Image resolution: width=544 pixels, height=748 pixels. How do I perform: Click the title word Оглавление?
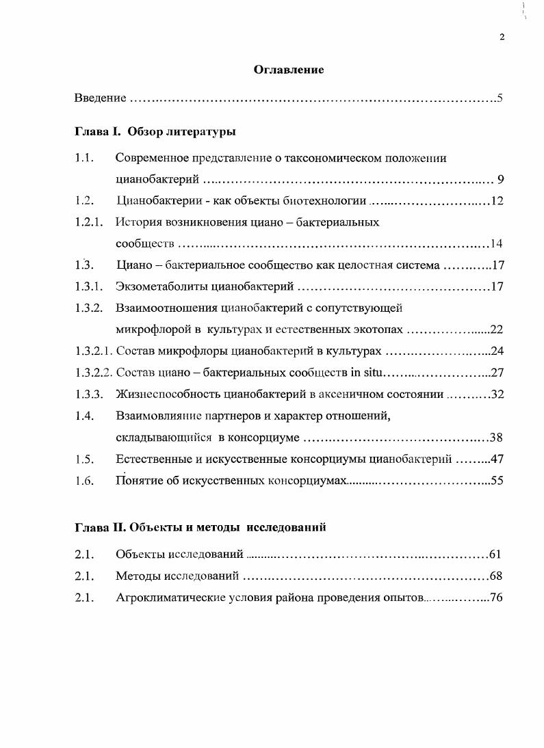click(289, 70)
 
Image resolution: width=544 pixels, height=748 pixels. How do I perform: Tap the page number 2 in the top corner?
click(502, 38)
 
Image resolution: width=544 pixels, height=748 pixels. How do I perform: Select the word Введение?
click(100, 98)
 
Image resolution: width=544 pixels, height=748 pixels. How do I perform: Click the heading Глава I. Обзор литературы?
click(155, 131)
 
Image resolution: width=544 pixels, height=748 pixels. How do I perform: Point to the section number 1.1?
click(84, 159)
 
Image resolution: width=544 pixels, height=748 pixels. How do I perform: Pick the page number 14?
click(497, 244)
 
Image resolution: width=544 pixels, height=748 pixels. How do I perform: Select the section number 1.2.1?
click(89, 222)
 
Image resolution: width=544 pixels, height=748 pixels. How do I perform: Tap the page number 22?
click(497, 330)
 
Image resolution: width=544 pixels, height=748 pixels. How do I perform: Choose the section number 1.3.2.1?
click(94, 351)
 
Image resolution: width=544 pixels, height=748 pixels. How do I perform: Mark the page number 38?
click(497, 438)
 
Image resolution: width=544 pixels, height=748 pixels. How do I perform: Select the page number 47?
click(497, 459)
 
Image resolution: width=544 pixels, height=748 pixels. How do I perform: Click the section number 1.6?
click(84, 480)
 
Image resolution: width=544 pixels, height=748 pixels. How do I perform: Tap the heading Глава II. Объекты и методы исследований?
click(200, 527)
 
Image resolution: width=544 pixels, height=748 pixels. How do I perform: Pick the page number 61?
click(497, 555)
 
